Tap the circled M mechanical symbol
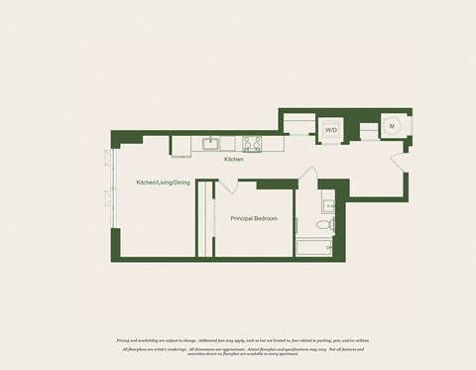pos(392,126)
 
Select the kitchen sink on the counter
pos(211,143)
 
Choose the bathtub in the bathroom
pos(315,245)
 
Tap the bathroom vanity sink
pos(328,205)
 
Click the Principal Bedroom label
pos(254,218)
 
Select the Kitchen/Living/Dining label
pos(163,184)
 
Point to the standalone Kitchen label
pos(234,159)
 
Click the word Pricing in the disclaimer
pos(125,339)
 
